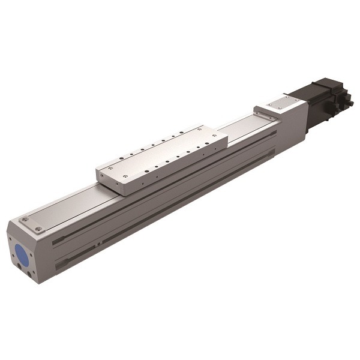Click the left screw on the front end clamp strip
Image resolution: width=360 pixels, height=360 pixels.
click(x=24, y=220)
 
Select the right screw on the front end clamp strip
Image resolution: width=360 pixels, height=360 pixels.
click(x=39, y=229)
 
